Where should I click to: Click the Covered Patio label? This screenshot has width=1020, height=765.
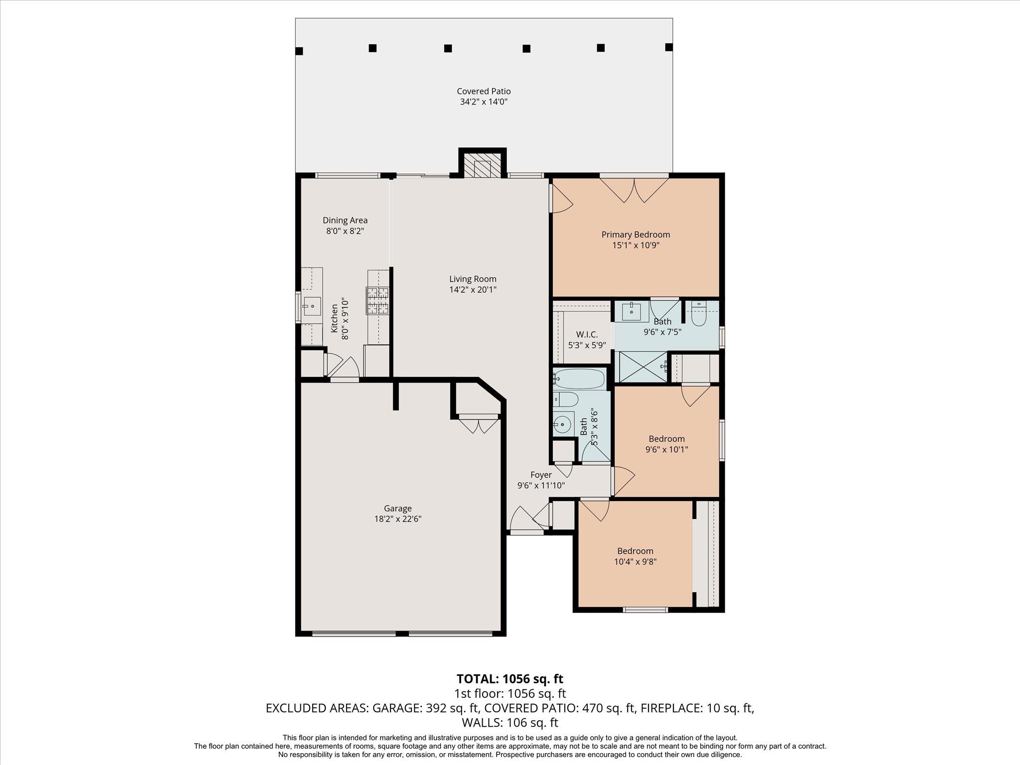[484, 91]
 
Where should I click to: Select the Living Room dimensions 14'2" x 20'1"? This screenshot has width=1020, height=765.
[473, 289]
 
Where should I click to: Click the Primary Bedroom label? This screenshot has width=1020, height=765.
[636, 235]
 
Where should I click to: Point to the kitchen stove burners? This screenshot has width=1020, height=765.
[378, 300]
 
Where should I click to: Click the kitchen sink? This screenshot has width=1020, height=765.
[312, 306]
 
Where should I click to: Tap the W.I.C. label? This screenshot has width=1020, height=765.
[587, 335]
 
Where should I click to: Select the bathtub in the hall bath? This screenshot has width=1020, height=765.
[579, 379]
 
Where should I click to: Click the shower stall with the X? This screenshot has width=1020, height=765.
[642, 367]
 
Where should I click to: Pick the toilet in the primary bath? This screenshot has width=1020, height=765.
[699, 313]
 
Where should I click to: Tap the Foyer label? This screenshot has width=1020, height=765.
[541, 475]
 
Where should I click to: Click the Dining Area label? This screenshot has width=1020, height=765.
[345, 220]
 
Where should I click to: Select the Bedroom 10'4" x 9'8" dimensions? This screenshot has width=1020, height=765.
[635, 561]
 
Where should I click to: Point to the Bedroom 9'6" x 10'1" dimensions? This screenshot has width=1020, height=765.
[666, 449]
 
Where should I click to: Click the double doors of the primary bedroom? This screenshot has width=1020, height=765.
[634, 190]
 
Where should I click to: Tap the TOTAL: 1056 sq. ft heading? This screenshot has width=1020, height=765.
[510, 679]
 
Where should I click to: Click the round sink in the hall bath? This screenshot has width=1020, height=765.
[563, 424]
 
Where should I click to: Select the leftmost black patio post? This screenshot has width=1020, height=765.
[299, 51]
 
